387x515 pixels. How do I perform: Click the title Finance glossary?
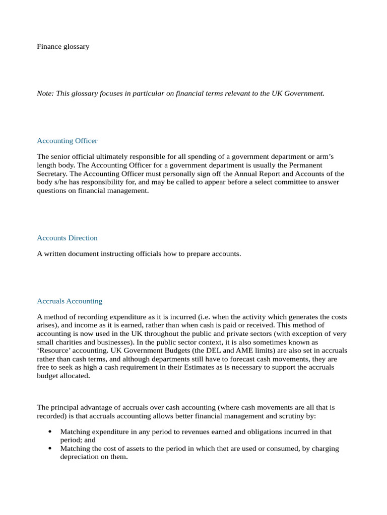(63, 46)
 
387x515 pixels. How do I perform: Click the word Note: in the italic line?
(45, 93)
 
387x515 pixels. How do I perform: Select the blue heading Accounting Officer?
(67, 141)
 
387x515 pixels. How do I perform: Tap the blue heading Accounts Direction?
(67, 238)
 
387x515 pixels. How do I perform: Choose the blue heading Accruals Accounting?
(70, 301)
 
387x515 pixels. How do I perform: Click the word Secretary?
(52, 174)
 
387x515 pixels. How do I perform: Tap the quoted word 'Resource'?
(55, 351)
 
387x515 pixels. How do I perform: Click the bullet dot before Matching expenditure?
(49, 432)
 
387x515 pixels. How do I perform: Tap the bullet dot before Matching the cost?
(49, 449)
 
